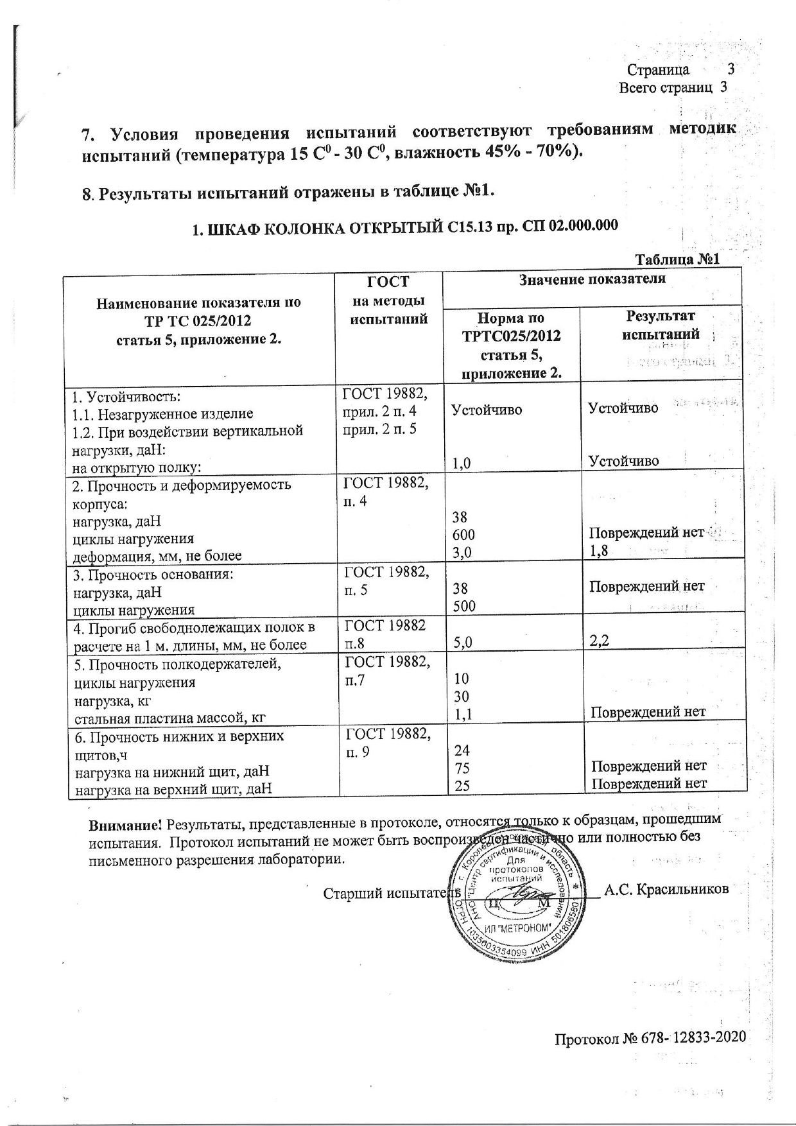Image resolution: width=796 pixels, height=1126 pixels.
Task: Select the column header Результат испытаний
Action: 661,325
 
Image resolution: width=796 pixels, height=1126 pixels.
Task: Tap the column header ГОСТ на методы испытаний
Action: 388,300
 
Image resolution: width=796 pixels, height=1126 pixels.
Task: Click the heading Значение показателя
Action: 592,279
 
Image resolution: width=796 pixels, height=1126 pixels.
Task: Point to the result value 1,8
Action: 600,551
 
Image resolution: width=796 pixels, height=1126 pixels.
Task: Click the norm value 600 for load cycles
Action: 464,535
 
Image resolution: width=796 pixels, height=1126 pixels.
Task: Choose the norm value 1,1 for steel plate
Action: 462,712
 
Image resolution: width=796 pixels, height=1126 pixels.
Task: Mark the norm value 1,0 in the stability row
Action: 460,462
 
